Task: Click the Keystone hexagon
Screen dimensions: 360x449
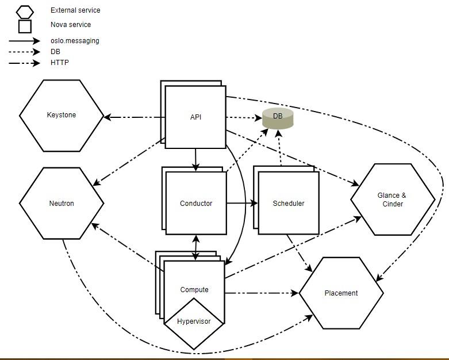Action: point(62,115)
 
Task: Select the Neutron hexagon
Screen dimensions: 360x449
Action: point(62,203)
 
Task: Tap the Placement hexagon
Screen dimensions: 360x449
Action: point(341,293)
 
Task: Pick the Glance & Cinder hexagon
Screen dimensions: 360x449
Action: point(393,200)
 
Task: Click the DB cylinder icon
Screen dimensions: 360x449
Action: point(278,118)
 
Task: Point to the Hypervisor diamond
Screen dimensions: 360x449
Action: point(194,322)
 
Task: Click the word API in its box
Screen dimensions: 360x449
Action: point(195,117)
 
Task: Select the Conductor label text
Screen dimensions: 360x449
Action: point(196,203)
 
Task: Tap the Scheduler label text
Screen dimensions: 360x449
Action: point(289,203)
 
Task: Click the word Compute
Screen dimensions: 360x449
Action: point(194,289)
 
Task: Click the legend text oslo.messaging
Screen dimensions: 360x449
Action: point(74,41)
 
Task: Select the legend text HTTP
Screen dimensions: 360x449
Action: point(60,62)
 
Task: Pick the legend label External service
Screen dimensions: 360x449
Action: point(75,10)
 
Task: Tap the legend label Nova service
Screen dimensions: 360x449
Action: point(71,25)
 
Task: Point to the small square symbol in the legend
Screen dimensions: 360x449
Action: point(25,26)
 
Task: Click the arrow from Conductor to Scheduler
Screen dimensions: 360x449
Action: point(241,203)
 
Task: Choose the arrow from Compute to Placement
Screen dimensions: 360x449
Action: point(262,293)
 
